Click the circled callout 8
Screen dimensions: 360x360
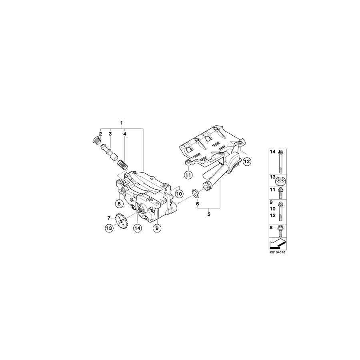coord(118,204)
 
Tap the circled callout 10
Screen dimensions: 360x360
coord(179,194)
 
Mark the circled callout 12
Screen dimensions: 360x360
coord(246,162)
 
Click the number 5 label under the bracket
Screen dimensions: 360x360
coord(209,214)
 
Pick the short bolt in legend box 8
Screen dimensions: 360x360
coord(280,230)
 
